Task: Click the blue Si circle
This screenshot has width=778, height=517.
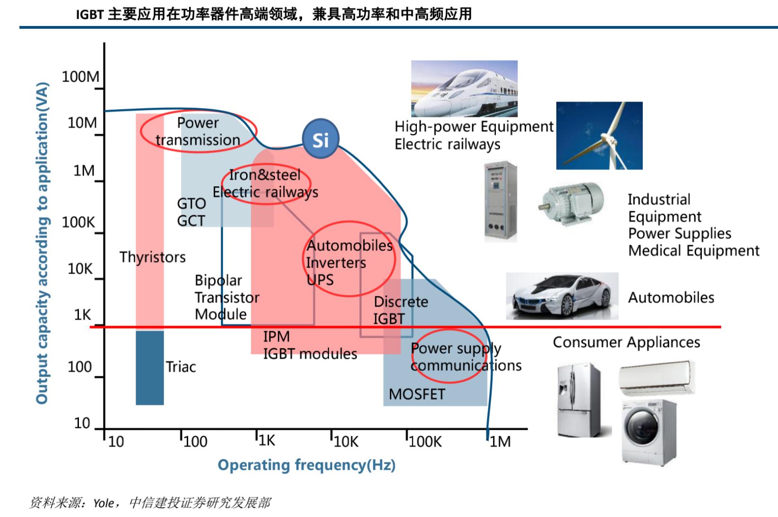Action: tap(320, 139)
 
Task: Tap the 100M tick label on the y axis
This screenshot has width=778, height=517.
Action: tap(80, 77)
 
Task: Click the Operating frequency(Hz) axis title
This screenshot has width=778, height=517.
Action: tap(306, 465)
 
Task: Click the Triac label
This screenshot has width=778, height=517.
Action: tap(181, 367)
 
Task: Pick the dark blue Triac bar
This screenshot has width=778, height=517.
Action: tap(150, 368)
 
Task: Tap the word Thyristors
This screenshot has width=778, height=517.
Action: tap(153, 257)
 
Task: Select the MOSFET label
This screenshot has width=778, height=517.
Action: tap(417, 394)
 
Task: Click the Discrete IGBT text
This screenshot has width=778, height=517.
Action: tap(400, 310)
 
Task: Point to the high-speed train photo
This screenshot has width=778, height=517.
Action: tap(464, 88)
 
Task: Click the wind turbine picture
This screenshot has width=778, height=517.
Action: tap(599, 136)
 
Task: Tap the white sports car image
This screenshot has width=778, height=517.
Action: tap(562, 296)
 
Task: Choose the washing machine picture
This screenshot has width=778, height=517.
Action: tap(648, 432)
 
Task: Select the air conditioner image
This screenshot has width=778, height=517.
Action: tap(657, 377)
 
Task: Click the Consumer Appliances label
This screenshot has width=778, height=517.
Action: tap(626, 342)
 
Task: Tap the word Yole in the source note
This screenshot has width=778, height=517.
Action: tap(103, 503)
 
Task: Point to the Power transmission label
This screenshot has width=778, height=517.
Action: tap(198, 131)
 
